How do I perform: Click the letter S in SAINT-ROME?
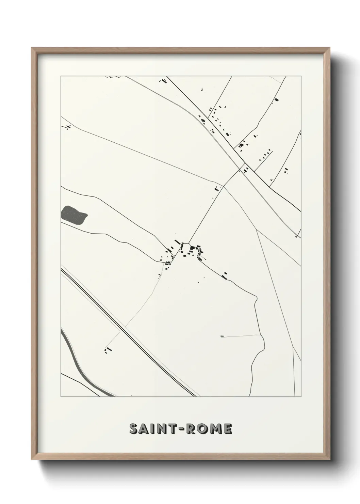tap(134, 429)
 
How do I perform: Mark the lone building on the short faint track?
tap(222, 336)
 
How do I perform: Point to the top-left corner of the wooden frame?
tap(32, 48)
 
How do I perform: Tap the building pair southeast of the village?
tap(225, 275)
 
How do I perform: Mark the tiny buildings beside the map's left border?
tap(69, 127)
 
